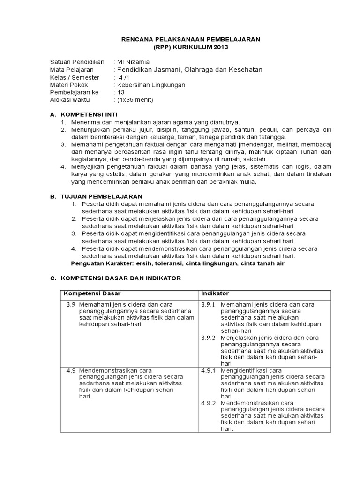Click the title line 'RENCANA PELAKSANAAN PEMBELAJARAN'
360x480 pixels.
pos(191,40)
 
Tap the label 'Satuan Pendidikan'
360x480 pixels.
pos(77,62)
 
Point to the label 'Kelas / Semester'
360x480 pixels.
pos(75,77)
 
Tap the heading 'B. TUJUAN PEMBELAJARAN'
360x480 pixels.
pos(96,196)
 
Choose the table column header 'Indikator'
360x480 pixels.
pos(215,293)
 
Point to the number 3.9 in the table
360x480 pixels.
pos(70,304)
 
